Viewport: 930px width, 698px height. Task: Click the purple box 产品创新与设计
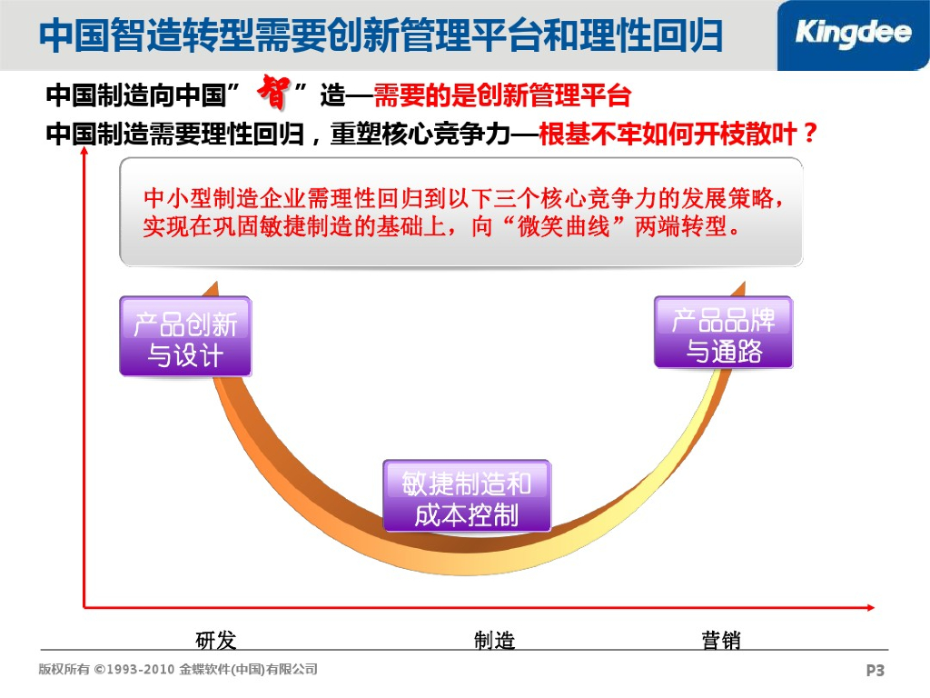(185, 337)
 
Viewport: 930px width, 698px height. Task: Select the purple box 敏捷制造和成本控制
(467, 496)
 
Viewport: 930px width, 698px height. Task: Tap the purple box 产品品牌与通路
(723, 333)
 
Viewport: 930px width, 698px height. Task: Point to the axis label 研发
(216, 641)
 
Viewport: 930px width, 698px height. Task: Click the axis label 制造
(494, 641)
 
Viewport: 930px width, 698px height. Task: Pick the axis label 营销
(721, 641)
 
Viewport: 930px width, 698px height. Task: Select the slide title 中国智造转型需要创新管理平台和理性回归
(382, 36)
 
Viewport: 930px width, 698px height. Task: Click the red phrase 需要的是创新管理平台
(502, 96)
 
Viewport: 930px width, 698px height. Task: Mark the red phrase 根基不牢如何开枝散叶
(666, 135)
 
